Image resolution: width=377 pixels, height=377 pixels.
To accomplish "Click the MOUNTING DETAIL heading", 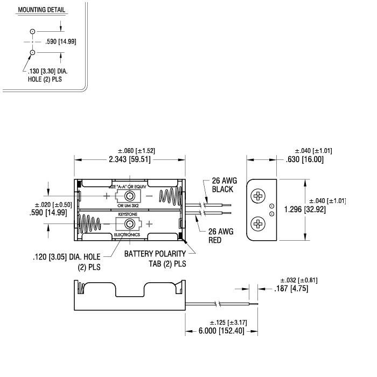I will click(x=41, y=10).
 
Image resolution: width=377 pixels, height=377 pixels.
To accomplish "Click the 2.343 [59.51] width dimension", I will click(x=130, y=160).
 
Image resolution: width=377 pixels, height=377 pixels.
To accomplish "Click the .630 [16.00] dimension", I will click(x=305, y=159).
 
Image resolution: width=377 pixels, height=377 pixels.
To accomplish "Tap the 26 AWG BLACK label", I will click(x=222, y=185).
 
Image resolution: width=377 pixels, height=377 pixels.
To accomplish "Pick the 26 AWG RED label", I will click(x=219, y=235).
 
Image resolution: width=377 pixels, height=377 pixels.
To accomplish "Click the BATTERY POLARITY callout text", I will click(x=155, y=253).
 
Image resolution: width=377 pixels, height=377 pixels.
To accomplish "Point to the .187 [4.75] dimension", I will click(x=295, y=289).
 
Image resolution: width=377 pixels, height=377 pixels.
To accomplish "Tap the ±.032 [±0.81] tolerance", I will click(x=298, y=280).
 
